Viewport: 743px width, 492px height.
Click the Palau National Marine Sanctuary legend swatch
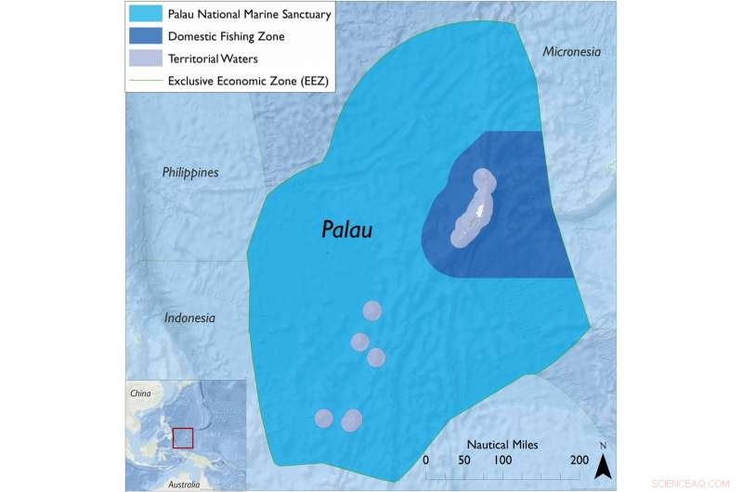146,15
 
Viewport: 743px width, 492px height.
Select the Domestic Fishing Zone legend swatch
146,37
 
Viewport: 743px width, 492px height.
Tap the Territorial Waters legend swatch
146,58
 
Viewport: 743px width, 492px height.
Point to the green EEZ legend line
146,81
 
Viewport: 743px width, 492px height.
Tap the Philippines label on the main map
189,173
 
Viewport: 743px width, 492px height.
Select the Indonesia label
189,318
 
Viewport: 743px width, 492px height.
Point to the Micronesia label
572,52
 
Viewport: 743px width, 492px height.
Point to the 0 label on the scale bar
425,460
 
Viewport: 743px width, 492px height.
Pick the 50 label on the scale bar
463,460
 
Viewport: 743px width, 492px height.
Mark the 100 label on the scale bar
502,460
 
